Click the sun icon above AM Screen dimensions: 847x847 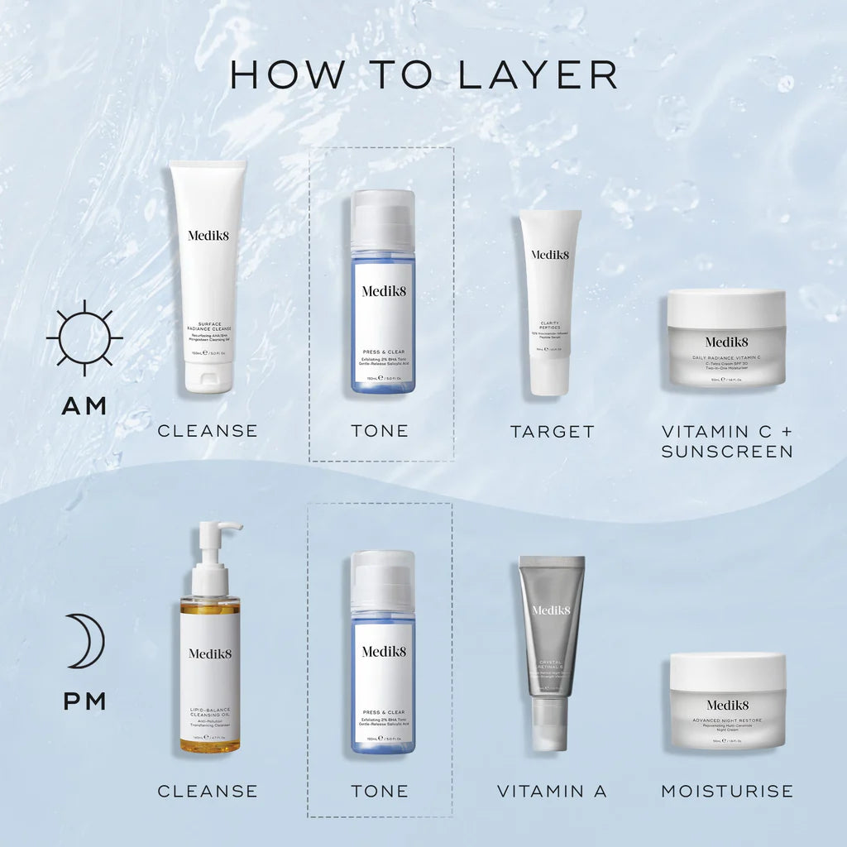84,337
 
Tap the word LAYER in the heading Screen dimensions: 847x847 537,74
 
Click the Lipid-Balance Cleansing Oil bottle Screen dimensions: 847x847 210,662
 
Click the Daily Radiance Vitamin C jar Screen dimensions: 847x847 726,338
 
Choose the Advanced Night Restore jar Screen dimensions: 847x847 727,701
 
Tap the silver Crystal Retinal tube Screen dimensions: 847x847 551,645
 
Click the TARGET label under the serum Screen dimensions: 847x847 552,431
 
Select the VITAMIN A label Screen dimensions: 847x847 552,792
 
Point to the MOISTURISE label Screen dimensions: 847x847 726,792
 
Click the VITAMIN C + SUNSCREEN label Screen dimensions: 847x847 726,441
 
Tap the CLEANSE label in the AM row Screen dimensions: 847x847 208,431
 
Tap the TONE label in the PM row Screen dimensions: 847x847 380,792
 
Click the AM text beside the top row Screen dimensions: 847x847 84,406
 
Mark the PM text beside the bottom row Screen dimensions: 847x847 84,702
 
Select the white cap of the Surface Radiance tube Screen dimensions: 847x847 208,376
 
